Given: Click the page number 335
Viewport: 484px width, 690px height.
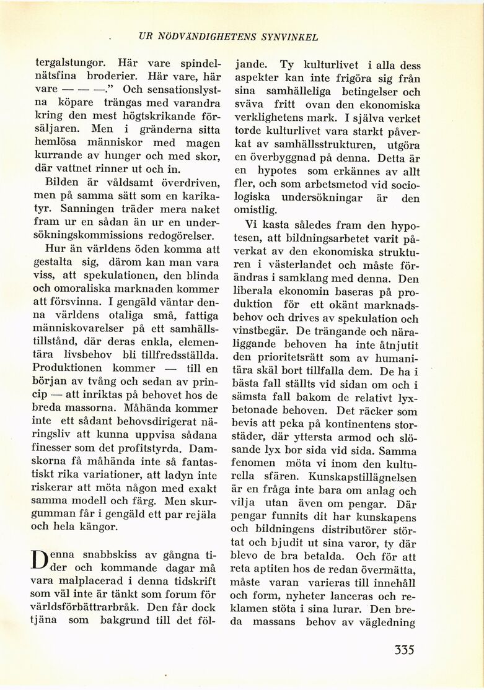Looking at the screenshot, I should [x=403, y=650].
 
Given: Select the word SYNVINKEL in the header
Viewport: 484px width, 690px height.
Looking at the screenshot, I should [x=291, y=37].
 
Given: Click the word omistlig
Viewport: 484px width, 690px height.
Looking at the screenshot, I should [x=255, y=211].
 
